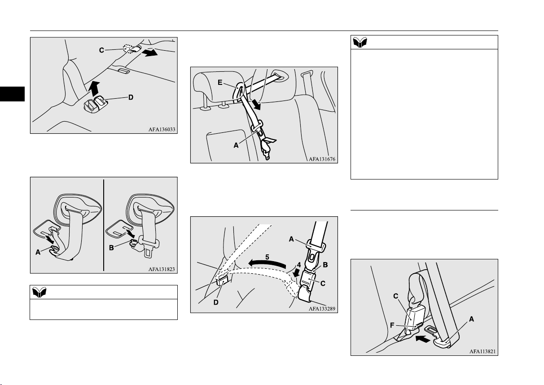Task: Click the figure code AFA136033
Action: point(162,129)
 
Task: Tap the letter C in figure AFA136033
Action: point(101,50)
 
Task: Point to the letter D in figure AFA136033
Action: point(131,97)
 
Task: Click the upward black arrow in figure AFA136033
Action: point(94,88)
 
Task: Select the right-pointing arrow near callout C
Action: point(150,52)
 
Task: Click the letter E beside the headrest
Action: point(220,83)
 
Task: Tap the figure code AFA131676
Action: point(322,159)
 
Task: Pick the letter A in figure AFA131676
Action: point(236,145)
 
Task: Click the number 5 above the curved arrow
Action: point(267,257)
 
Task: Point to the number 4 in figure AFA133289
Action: point(299,265)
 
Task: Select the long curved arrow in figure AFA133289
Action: point(267,263)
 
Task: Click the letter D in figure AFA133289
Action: point(216,302)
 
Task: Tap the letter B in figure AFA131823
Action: point(111,248)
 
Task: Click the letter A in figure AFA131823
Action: point(38,252)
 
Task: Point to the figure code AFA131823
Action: point(162,269)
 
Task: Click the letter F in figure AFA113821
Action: point(392,325)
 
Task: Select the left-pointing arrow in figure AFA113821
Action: point(422,339)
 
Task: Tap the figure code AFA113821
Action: point(483,351)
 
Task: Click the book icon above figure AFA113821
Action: point(360,42)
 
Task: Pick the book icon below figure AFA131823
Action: point(39,292)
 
